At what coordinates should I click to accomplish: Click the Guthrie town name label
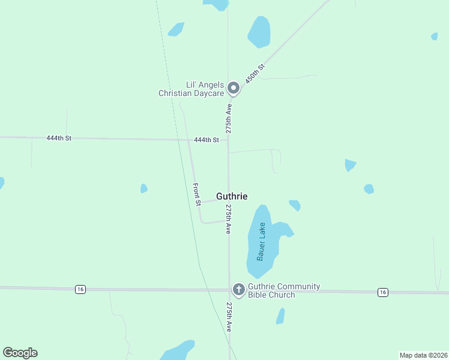click(x=232, y=196)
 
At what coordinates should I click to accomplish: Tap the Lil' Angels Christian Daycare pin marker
click(x=234, y=89)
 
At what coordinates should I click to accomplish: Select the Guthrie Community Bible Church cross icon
click(x=238, y=290)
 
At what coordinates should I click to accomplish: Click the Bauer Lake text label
click(x=261, y=241)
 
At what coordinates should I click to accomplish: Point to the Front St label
click(x=196, y=194)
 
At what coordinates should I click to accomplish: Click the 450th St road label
click(x=255, y=74)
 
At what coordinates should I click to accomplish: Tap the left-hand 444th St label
click(x=59, y=138)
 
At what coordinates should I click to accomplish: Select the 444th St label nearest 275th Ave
click(x=206, y=140)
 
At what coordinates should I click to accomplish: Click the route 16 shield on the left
click(x=80, y=289)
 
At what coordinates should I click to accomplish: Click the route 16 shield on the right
click(x=383, y=292)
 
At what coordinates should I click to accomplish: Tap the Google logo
click(x=20, y=353)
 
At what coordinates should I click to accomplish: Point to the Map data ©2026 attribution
click(x=423, y=355)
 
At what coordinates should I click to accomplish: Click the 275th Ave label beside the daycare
click(x=229, y=118)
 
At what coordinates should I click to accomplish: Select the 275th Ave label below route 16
click(x=229, y=317)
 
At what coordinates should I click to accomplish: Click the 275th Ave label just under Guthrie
click(x=229, y=219)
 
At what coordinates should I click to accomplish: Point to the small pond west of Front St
click(x=143, y=188)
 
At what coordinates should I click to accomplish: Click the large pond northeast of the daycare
click(x=259, y=32)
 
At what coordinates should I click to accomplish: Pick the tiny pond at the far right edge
click(x=434, y=37)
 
